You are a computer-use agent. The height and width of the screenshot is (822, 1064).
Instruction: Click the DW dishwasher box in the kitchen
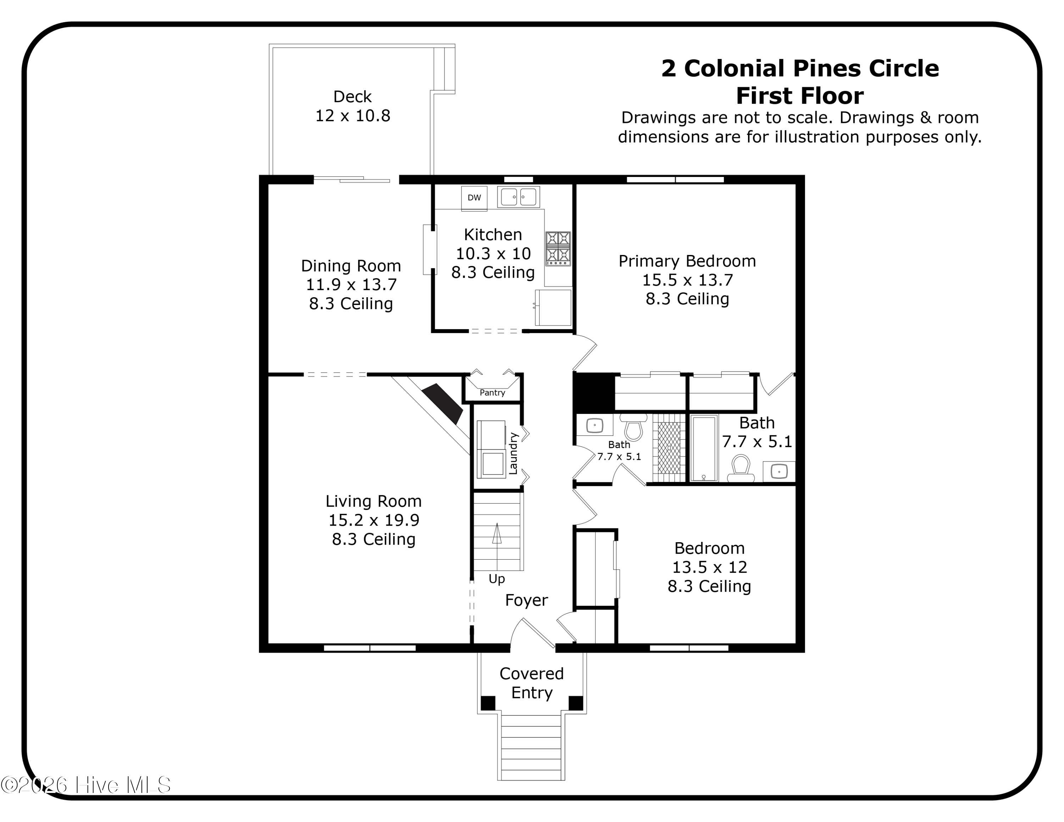(474, 198)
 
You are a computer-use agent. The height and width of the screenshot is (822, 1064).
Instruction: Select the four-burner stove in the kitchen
(558, 248)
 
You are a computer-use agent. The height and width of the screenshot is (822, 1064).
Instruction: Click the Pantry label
(492, 393)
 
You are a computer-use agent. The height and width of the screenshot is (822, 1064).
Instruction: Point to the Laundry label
(513, 453)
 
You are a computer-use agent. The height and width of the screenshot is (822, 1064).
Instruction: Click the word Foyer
(526, 600)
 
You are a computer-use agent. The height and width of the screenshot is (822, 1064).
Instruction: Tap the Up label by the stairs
(497, 579)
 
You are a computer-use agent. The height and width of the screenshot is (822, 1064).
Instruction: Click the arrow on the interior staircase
(497, 534)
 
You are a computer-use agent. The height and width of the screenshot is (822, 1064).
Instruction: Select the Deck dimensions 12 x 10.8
(353, 116)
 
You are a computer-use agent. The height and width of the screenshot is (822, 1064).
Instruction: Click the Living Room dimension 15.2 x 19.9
(374, 520)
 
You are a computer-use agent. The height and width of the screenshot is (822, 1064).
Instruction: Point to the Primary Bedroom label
(687, 261)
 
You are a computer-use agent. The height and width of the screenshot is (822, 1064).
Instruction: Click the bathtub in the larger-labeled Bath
(704, 448)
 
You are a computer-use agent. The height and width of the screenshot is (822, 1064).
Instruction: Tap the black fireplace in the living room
(442, 403)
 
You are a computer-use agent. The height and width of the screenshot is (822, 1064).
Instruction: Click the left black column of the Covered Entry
(488, 703)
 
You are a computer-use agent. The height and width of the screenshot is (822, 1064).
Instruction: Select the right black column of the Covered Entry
(575, 703)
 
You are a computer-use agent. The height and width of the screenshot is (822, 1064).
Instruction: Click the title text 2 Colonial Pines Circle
(799, 68)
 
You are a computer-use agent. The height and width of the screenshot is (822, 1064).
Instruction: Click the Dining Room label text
(351, 266)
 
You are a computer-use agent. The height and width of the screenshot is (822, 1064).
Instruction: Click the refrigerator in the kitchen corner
(553, 307)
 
